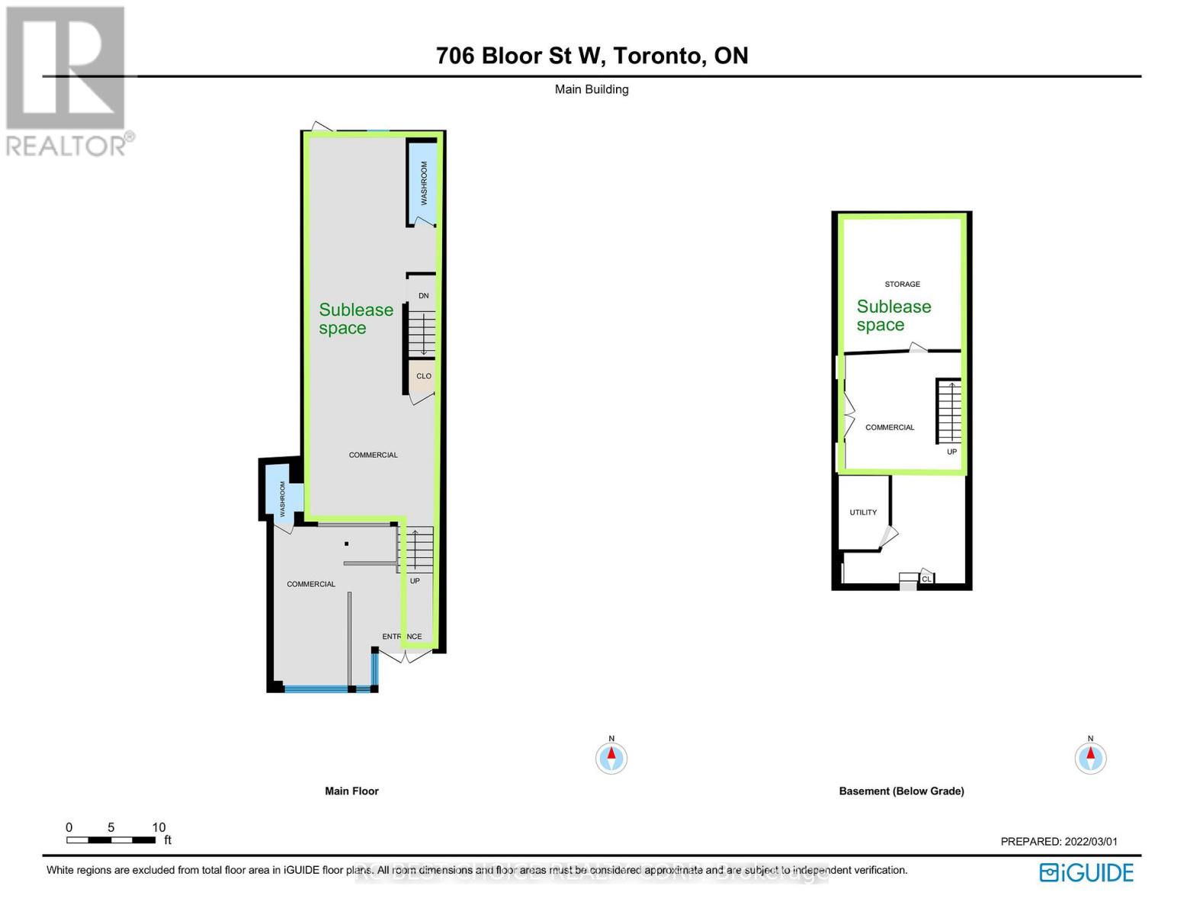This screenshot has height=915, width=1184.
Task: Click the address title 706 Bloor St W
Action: tap(592, 56)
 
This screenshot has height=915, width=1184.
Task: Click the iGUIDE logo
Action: tap(1086, 872)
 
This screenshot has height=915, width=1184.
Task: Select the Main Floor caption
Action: tap(351, 791)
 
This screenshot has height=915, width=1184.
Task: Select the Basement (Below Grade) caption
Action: tap(901, 791)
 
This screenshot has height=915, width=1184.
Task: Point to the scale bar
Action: tap(111, 840)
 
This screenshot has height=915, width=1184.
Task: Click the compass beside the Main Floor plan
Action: tap(611, 758)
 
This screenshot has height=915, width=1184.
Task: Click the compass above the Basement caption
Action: tap(1089, 758)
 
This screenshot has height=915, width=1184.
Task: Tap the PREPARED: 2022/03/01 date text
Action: tap(1058, 842)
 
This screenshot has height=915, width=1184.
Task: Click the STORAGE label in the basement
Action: tap(902, 284)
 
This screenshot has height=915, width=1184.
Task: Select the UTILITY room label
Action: tap(863, 512)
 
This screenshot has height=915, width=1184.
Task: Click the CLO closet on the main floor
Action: tap(423, 376)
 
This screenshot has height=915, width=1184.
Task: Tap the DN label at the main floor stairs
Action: tap(423, 296)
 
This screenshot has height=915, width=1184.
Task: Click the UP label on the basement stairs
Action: tap(951, 451)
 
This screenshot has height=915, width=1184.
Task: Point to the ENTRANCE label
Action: tap(402, 636)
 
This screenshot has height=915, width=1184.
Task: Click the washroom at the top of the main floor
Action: tap(423, 183)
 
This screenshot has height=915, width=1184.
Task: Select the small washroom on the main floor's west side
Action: tap(282, 498)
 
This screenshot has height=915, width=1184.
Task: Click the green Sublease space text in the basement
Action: tap(893, 316)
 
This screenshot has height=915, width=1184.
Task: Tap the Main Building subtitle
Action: tap(592, 89)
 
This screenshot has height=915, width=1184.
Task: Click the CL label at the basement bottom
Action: tap(926, 579)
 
